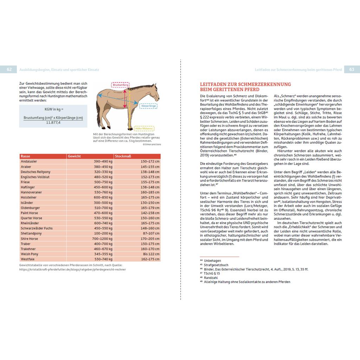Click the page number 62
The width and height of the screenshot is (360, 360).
pyautogui.click(x=9, y=70)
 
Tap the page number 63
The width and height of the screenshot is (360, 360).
pyautogui.click(x=352, y=70)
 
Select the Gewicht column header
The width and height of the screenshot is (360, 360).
pyautogui.click(x=75, y=156)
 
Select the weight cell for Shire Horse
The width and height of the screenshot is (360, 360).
pyautogui.click(x=102, y=239)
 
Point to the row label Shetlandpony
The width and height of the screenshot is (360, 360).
pyautogui.click(x=31, y=233)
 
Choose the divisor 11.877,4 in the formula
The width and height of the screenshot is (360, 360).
pyautogui.click(x=53, y=123)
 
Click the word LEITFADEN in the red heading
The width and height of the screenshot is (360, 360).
pyautogui.click(x=215, y=84)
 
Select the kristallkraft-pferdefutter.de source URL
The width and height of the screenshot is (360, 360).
pyautogui.click(x=72, y=269)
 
